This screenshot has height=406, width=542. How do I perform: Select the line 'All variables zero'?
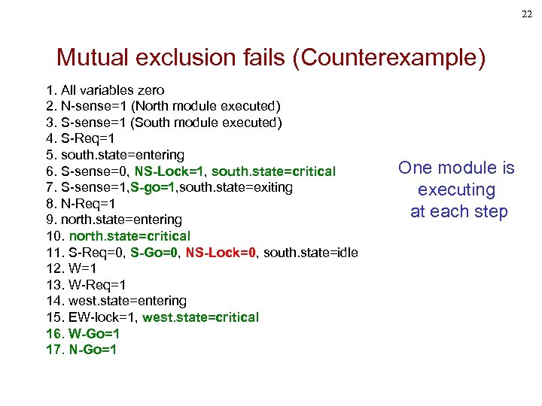click(112, 90)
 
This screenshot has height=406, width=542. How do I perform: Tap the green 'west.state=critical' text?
click(200, 317)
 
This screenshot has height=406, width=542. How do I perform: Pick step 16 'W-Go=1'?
click(93, 333)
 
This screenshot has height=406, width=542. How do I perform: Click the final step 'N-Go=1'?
click(93, 350)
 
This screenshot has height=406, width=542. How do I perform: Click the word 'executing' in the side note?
click(456, 189)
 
